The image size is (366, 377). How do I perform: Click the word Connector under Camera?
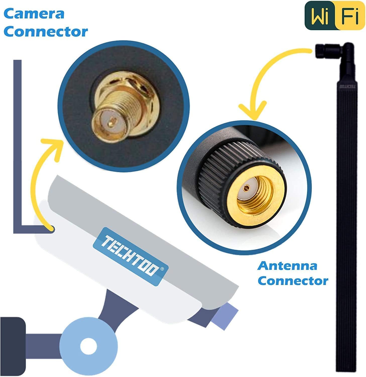tap(46, 32)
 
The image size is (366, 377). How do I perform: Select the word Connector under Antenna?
tap(293, 281)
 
